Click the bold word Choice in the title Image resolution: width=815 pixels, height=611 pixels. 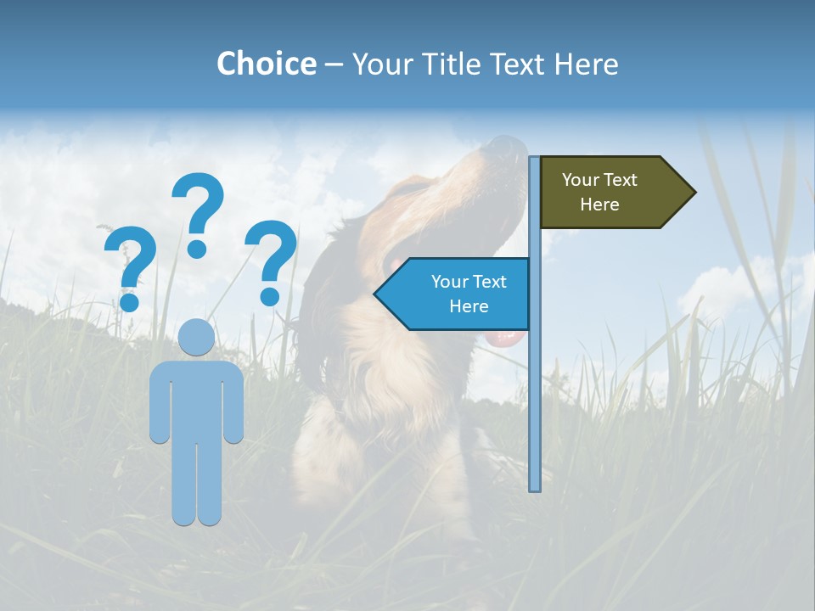tap(266, 64)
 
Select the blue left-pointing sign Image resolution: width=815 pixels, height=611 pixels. tap(454, 294)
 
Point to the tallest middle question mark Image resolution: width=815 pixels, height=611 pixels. tap(198, 212)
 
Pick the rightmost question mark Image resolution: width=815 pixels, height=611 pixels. tap(271, 259)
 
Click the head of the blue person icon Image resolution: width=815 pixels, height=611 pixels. tap(197, 338)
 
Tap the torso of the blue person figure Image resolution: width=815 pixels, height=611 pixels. tap(197, 399)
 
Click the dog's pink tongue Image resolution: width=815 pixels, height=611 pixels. tap(506, 339)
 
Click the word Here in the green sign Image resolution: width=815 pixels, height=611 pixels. tap(599, 205)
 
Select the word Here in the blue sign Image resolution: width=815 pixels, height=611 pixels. tap(469, 306)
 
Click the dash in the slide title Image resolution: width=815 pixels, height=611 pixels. tap(334, 64)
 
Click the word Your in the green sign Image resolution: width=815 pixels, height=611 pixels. tap(581, 180)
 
